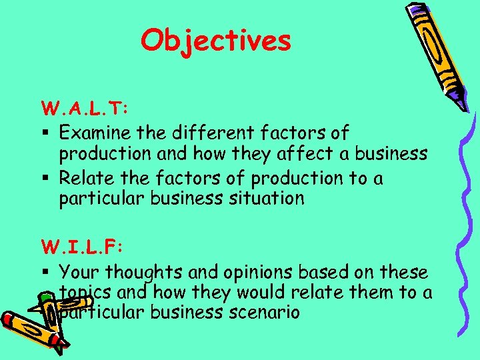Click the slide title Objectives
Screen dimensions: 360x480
(x=216, y=41)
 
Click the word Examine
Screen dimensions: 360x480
(x=94, y=133)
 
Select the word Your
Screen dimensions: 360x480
(x=78, y=272)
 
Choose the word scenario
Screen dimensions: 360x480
(x=261, y=312)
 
